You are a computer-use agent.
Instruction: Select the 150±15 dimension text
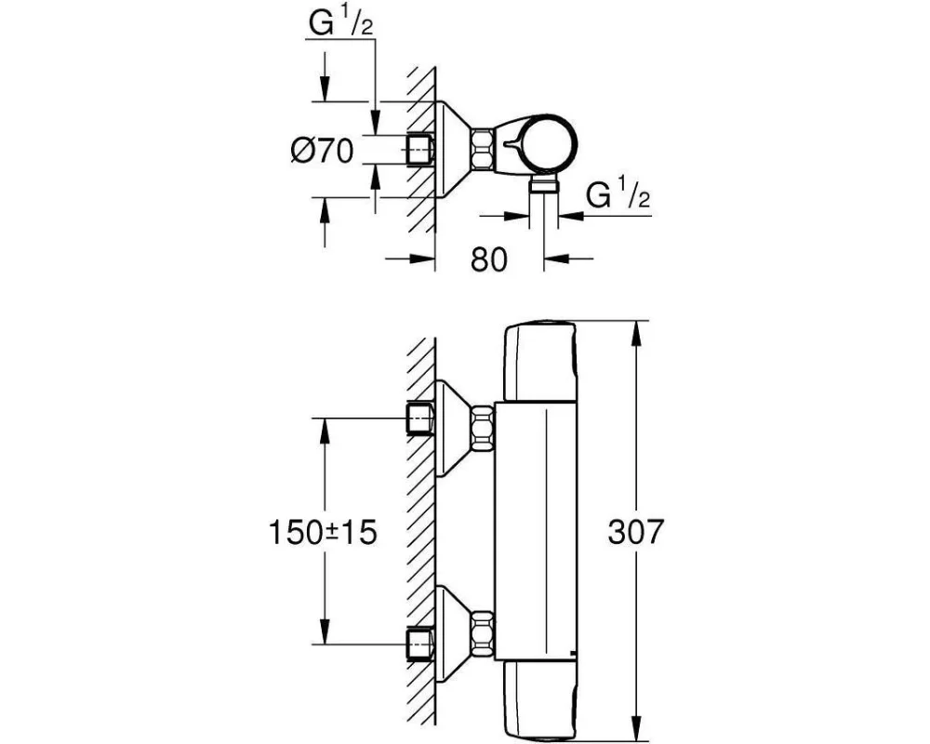[x=323, y=532]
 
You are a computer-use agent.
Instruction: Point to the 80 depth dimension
[x=489, y=259]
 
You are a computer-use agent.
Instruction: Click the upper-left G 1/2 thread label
[x=341, y=24]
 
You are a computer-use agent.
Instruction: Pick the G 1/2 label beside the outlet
[x=618, y=194]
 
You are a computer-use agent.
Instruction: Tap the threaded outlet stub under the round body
[x=544, y=184]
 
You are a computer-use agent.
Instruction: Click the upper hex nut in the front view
[x=483, y=427]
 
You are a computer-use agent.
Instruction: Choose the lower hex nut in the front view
[x=483, y=632]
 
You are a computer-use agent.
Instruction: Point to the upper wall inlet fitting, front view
[x=420, y=418]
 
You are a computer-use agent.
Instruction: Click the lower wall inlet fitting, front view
[x=420, y=644]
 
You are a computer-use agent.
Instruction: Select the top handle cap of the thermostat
[x=539, y=361]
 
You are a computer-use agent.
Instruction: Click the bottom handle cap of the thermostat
[x=539, y=697]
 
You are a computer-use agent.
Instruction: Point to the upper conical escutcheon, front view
[x=455, y=429]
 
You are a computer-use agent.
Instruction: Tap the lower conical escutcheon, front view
[x=455, y=633]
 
